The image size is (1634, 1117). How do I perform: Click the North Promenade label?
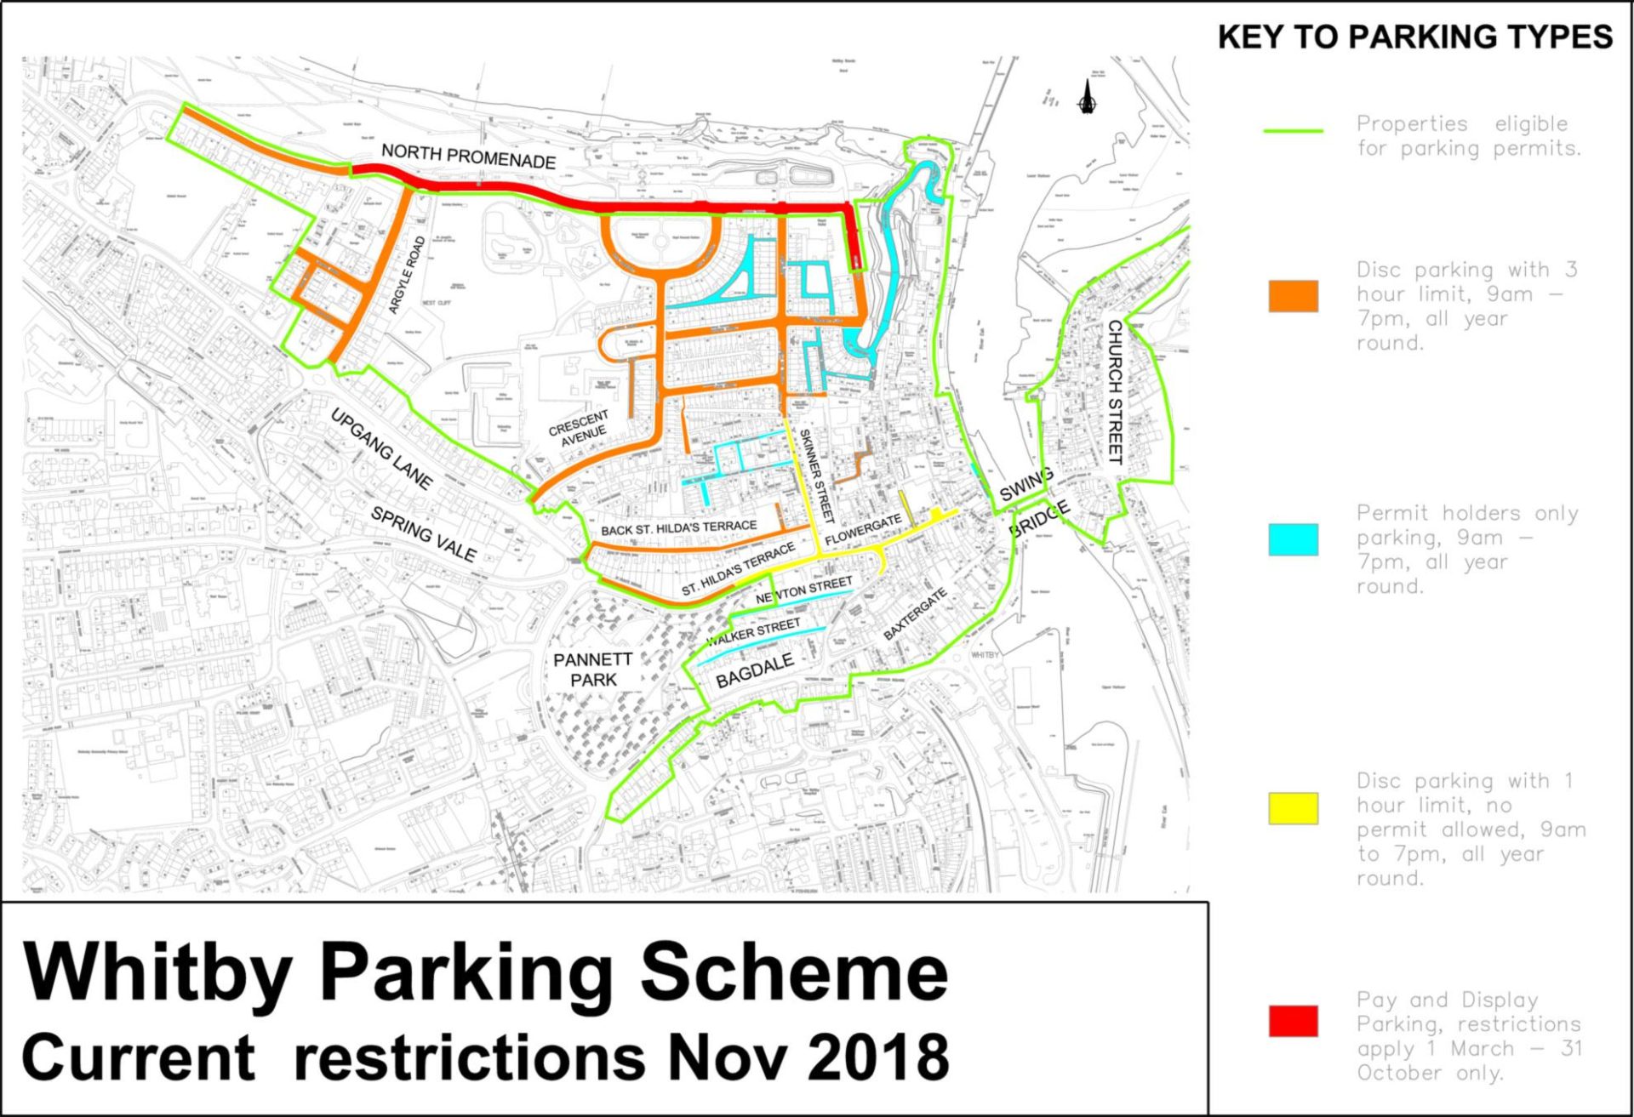tap(468, 157)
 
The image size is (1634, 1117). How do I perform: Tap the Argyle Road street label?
tap(407, 276)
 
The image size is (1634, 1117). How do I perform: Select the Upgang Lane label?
tap(380, 449)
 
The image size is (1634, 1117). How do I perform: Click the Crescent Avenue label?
tap(579, 428)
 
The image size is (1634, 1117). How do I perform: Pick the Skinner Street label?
tap(816, 475)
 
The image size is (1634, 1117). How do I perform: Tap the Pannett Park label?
tap(592, 670)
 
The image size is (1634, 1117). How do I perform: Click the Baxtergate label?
tap(915, 614)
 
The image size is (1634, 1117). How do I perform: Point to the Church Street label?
tap(1114, 392)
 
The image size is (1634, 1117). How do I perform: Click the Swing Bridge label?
tap(1032, 502)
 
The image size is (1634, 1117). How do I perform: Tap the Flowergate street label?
tap(863, 530)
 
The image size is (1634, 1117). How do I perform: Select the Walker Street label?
tap(754, 632)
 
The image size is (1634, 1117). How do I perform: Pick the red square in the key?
tap(1293, 1021)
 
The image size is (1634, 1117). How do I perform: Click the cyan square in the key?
tap(1293, 539)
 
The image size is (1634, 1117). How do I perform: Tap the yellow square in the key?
tap(1293, 808)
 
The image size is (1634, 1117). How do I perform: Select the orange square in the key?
tap(1293, 296)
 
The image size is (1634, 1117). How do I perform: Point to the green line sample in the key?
tap(1293, 131)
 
